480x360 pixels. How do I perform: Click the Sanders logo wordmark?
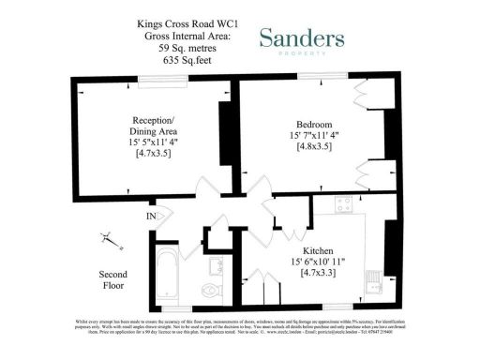tap(301, 38)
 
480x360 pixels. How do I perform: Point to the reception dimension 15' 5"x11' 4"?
tap(151, 142)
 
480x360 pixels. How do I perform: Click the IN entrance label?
tap(151, 217)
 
